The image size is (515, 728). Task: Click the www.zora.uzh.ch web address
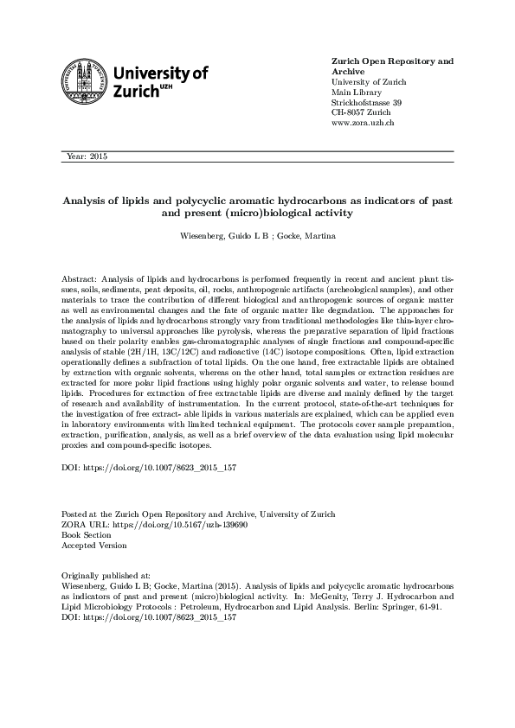(x=364, y=124)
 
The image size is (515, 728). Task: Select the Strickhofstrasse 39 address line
(x=367, y=103)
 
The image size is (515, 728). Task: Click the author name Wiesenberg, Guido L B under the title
(x=222, y=235)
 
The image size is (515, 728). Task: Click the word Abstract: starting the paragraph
(x=80, y=279)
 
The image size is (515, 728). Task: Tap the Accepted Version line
(x=93, y=546)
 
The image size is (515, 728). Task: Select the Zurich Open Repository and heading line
(x=393, y=61)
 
